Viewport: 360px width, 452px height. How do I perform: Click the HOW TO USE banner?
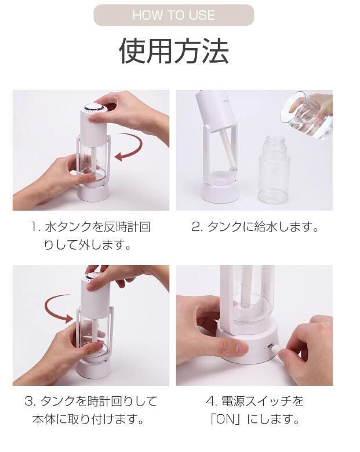pos(174,15)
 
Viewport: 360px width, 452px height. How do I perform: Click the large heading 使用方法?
pos(174,51)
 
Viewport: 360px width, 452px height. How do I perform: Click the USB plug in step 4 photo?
pos(274,348)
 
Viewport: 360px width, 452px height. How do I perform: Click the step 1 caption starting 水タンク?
pos(92,236)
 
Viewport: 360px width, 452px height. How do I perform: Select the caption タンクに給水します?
pos(263,227)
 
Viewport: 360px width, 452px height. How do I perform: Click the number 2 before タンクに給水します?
pos(196,227)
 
